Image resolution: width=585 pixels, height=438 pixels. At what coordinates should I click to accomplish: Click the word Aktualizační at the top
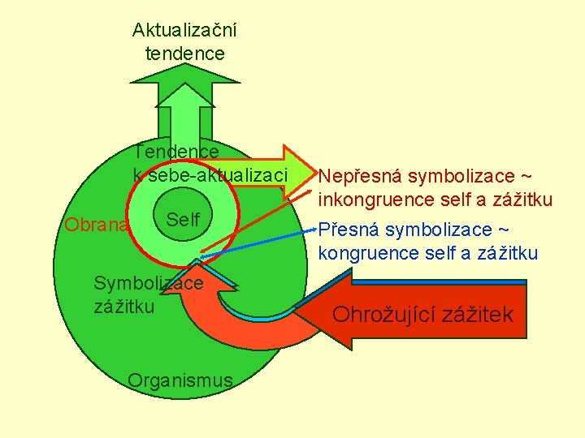click(184, 31)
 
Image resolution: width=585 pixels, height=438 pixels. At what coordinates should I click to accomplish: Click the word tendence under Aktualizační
click(184, 54)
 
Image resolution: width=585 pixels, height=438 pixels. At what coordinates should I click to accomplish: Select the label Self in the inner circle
click(183, 220)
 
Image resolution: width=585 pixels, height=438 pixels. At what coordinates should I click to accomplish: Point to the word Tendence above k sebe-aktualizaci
click(177, 152)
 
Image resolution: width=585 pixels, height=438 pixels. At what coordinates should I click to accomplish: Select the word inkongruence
click(375, 199)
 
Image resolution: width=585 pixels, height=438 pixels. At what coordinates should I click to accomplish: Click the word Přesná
click(349, 230)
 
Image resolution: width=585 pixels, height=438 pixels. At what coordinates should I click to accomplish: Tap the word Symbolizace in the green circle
click(148, 283)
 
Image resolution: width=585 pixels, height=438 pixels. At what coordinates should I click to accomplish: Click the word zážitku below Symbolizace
click(124, 306)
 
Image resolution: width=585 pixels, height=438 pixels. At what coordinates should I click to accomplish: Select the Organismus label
click(180, 380)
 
